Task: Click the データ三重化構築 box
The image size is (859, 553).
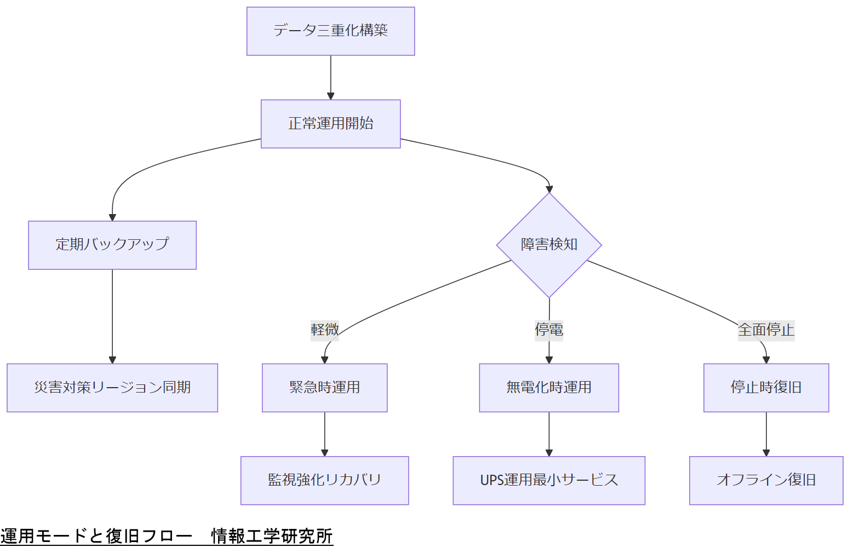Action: coord(330,31)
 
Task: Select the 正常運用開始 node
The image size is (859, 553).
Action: coord(330,124)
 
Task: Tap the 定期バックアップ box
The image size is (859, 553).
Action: coord(112,245)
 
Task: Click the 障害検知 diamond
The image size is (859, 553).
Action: coord(549,245)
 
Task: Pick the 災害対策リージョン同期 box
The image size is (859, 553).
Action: coord(112,388)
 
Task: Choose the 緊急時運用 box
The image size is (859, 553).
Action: coord(324,388)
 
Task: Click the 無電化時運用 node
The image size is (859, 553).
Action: coord(549,388)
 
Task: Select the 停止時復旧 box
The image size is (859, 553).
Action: coord(766,388)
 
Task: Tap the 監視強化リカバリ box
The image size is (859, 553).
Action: coord(324,480)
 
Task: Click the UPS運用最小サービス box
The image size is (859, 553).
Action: coord(549,480)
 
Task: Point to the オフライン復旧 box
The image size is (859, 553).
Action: coord(766,480)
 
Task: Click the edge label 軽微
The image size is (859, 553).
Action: coord(324,330)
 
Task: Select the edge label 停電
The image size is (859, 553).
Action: coord(549,330)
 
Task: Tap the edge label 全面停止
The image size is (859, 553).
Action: coord(766,330)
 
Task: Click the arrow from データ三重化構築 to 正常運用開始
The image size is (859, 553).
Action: coord(330,77)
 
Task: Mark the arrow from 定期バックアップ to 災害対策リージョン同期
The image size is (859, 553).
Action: coord(112,316)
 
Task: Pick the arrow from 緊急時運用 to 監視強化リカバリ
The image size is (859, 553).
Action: coord(324,434)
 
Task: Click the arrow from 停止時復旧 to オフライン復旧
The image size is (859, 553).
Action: coord(766,434)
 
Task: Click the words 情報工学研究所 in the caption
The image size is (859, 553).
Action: coord(272,536)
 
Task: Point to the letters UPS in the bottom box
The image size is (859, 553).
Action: coord(491,480)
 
